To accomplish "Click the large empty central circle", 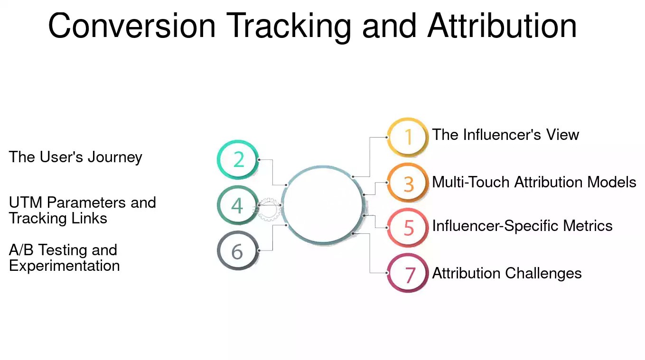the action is point(282,205).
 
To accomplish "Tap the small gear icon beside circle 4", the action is point(269,209).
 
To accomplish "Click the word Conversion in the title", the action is point(132,25).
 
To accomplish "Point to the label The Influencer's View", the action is point(505,135).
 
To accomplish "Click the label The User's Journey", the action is point(75,157).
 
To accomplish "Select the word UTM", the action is point(25,203).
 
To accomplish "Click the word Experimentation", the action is point(64,266).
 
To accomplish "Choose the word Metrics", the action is point(588,226).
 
